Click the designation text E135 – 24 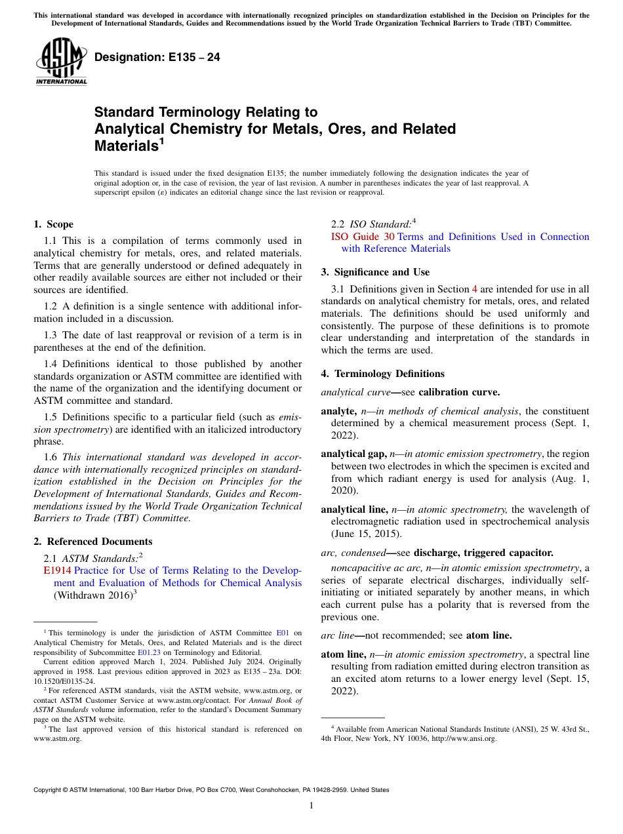coord(157,58)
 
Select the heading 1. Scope coord(54,224)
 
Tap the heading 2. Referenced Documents coord(93,542)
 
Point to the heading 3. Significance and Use coord(375,272)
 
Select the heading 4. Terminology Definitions coord(382,374)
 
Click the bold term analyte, coord(339,411)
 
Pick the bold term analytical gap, coord(353,454)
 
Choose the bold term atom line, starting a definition coord(344,654)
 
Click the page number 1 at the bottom coord(311,806)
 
